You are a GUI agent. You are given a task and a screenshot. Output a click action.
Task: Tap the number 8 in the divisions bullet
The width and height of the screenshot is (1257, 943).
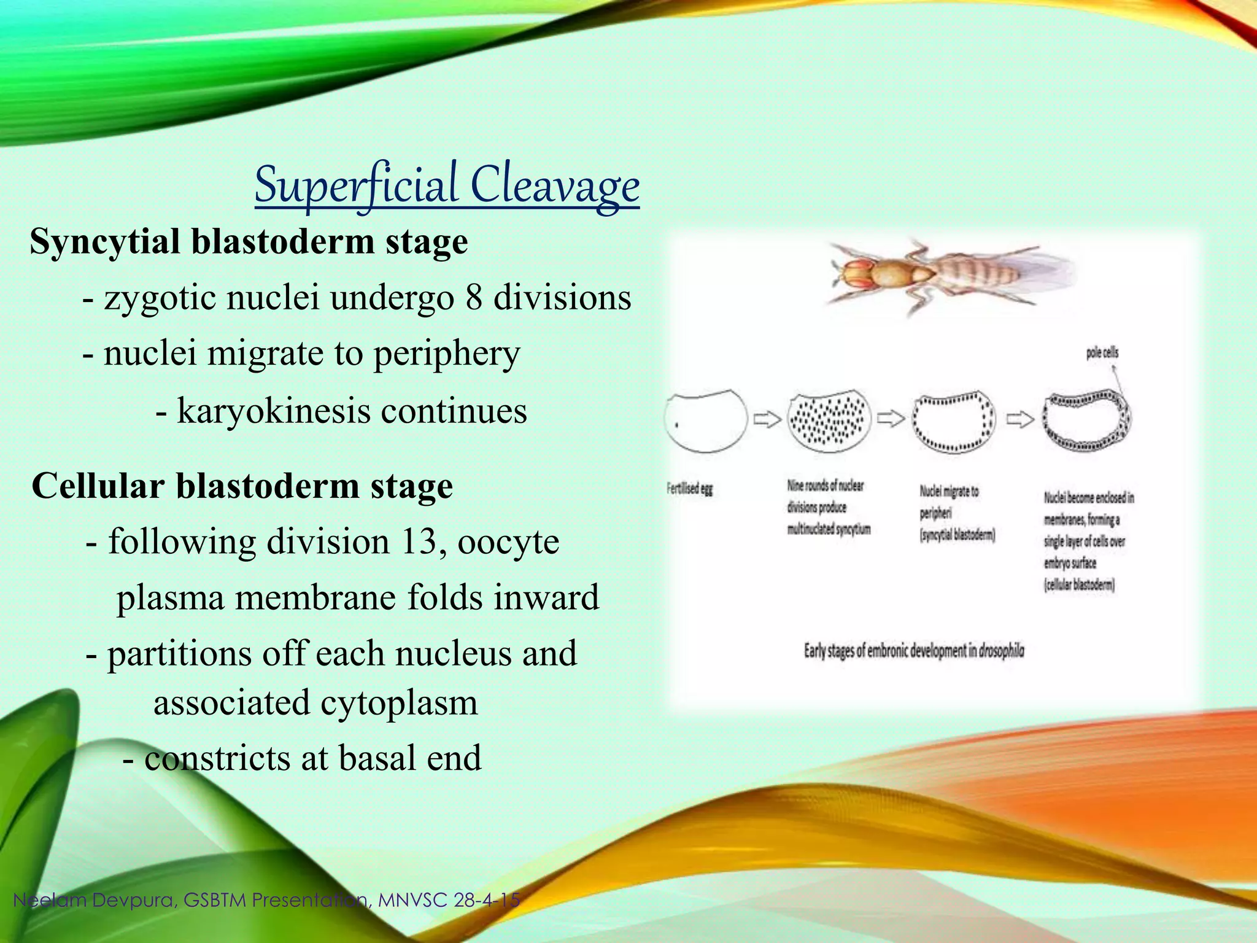474,298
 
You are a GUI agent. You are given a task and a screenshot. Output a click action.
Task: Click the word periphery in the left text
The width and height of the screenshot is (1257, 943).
447,354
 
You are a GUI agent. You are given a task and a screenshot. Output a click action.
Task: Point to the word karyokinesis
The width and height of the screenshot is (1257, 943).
273,411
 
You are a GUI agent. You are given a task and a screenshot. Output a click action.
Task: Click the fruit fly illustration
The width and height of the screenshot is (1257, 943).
945,276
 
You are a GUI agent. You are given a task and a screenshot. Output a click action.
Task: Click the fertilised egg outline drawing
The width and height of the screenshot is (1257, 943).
706,421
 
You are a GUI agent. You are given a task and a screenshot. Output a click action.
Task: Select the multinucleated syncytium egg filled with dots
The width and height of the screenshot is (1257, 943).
829,421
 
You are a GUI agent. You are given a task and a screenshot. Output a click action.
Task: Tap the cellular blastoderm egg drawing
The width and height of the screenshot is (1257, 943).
1087,421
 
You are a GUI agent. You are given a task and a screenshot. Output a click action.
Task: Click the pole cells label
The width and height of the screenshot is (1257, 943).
1102,353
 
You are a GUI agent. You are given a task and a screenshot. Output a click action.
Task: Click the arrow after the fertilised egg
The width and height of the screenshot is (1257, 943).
767,420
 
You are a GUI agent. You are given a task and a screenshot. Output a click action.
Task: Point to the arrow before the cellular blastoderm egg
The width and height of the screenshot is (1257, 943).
1019,420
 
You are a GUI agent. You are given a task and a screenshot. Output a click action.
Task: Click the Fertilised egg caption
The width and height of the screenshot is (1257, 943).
690,489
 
